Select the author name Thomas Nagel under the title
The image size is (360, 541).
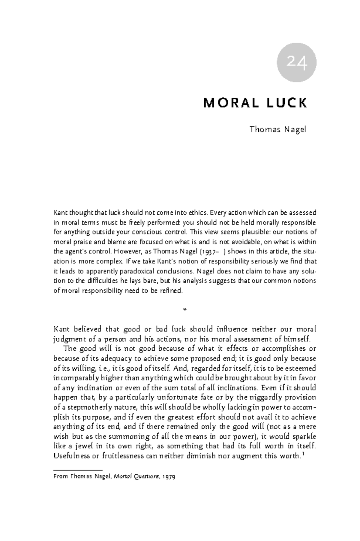278,130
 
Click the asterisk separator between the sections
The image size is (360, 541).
185,310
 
